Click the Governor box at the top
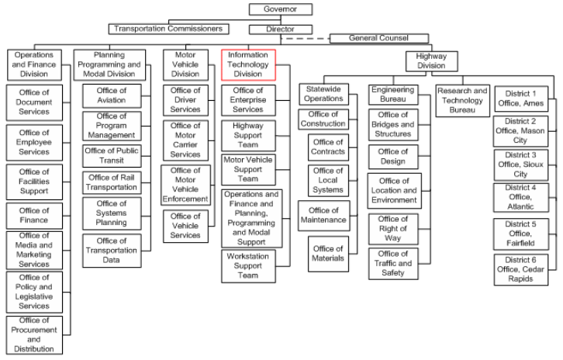point(281,9)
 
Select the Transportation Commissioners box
point(169,29)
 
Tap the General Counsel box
point(379,38)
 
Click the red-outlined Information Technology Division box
point(248,64)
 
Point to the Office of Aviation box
point(112,95)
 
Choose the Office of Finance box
point(34,216)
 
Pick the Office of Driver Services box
point(185,100)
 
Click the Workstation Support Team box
point(248,266)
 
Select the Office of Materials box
point(328,254)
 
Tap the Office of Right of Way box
point(393,229)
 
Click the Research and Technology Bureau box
point(462,101)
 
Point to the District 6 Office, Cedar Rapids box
point(521,269)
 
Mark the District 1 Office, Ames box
point(521,99)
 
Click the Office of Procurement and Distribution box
point(34,335)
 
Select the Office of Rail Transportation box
point(112,182)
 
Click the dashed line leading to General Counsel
point(306,39)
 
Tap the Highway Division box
point(432,61)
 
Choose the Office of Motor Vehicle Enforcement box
point(185,185)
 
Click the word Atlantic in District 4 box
point(520,206)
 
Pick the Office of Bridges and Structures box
point(393,125)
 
